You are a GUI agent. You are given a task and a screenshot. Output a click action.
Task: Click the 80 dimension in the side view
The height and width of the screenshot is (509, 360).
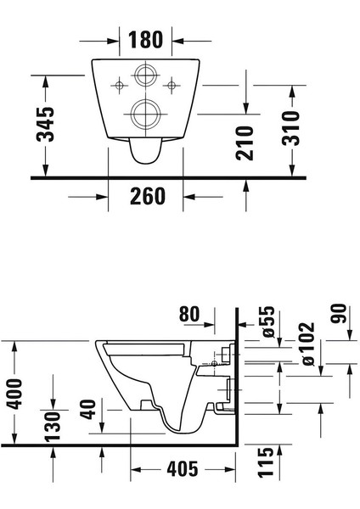coord(190,314)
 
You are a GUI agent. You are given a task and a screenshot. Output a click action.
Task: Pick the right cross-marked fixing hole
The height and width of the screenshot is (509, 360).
coord(172,84)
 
